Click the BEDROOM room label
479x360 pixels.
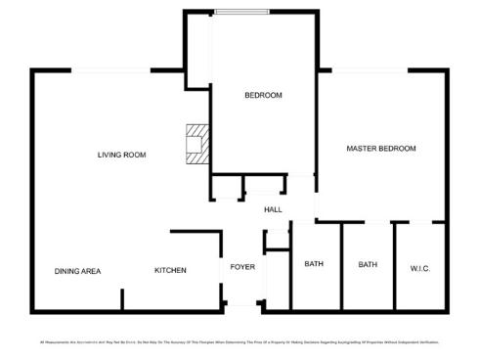(263, 95)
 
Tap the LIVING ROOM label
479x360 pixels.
(121, 155)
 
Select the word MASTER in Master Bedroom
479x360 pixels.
(362, 149)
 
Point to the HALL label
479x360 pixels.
(273, 209)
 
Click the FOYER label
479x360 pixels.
(242, 267)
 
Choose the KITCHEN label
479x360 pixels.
(170, 270)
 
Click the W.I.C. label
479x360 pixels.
(420, 268)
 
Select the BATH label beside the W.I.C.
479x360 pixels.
(368, 264)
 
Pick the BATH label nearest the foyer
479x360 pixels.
(314, 264)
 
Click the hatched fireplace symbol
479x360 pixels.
(198, 142)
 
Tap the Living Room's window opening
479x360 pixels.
(109, 69)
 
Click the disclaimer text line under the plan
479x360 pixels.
(239, 342)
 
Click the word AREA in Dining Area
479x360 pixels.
(90, 271)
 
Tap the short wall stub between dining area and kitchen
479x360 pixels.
(122, 298)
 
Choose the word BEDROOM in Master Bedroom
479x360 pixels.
(398, 149)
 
